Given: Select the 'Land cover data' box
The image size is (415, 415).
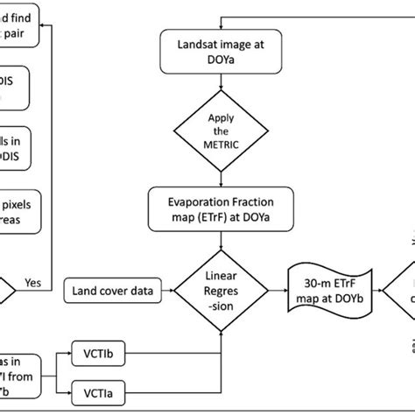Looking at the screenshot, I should [x=108, y=286].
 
